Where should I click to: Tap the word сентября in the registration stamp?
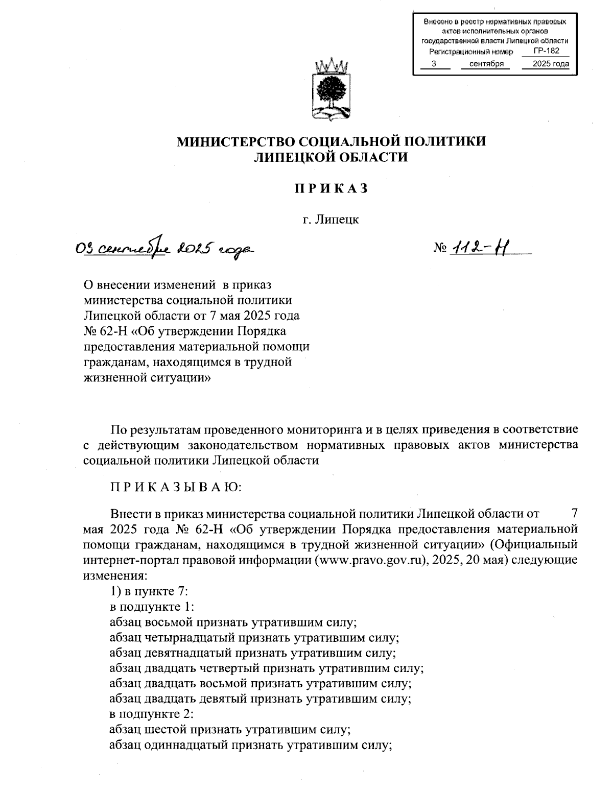[x=487, y=64]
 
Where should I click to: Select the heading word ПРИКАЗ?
[x=331, y=188]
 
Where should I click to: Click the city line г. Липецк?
[x=331, y=220]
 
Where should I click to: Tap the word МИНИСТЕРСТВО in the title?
[x=235, y=141]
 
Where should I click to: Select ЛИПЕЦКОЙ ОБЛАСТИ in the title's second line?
[x=331, y=157]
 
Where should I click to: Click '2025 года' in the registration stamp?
[x=550, y=64]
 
